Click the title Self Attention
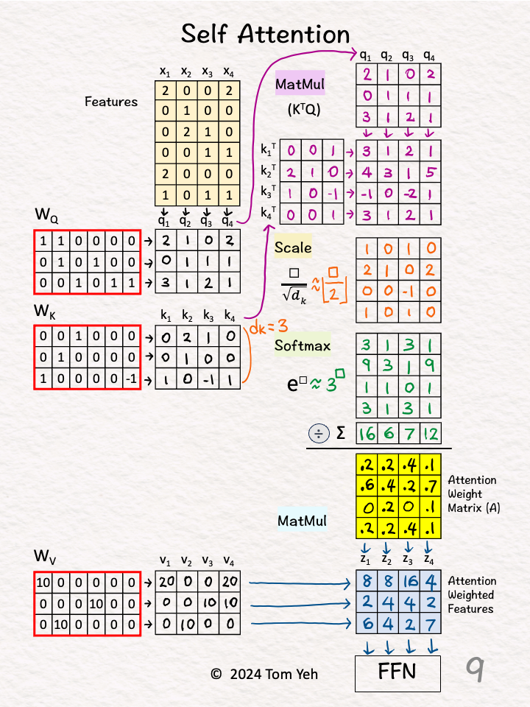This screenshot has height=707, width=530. point(265,34)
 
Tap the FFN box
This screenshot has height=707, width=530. point(397,673)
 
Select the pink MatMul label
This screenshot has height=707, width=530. point(300,83)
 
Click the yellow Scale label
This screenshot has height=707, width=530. point(293,247)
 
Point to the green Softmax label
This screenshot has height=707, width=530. point(303,345)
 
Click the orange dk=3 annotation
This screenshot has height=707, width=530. point(269,327)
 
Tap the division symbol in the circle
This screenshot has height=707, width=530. point(319,434)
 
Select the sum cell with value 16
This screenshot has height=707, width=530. point(367,433)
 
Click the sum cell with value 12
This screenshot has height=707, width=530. point(431,433)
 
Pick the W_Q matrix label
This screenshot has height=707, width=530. point(46,215)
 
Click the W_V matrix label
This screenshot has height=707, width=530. point(45,557)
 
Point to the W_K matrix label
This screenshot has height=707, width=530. point(45,312)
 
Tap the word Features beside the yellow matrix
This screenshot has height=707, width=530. point(111,102)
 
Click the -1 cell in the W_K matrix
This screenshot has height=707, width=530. point(131,378)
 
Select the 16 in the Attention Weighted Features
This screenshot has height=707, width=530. point(409,581)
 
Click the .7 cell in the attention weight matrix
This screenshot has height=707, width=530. point(431,485)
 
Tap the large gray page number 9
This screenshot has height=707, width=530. point(475,669)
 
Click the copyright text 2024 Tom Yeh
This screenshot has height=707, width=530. point(264,674)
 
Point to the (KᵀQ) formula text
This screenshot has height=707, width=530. point(304,110)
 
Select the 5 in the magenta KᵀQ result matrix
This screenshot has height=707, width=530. point(431,172)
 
